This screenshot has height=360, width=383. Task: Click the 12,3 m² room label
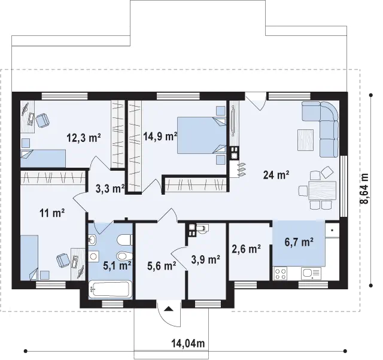tap(84, 138)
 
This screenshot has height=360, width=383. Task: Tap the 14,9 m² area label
tap(160, 136)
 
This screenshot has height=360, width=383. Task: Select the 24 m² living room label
tap(276, 175)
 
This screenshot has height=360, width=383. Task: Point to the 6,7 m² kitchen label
tap(299, 242)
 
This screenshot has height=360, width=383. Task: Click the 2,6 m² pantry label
tap(246, 249)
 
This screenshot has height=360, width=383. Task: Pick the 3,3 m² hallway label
tap(110, 189)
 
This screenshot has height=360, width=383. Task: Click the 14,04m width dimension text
tap(188, 344)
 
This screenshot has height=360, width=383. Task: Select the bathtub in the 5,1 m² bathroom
tap(110, 289)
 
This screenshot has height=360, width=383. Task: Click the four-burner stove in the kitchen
tap(280, 273)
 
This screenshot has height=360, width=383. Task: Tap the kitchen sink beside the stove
tap(311, 273)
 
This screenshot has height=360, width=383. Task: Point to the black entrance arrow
tap(169, 308)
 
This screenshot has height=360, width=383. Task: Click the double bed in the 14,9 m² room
tap(202, 135)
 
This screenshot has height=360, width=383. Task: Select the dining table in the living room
tap(322, 190)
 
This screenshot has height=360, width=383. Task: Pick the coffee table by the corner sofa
tap(305, 140)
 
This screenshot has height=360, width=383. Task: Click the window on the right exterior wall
tap(344, 186)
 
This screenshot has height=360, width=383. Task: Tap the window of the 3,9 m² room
tap(208, 304)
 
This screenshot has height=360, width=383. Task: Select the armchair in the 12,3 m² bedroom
tap(42, 120)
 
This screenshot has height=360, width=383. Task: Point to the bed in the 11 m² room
tap(29, 258)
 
